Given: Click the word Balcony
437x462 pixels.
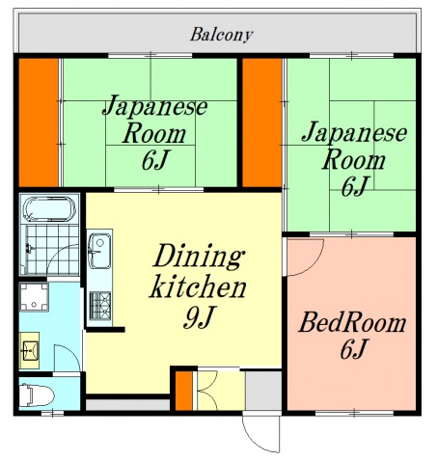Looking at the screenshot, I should (x=221, y=35).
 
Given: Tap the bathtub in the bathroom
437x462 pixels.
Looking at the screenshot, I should (x=47, y=210).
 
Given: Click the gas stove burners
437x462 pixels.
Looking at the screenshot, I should (x=99, y=306).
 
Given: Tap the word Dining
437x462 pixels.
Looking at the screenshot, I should (x=196, y=258).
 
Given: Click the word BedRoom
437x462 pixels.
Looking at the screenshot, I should (x=351, y=322).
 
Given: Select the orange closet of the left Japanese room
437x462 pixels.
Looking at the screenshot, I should (x=41, y=122).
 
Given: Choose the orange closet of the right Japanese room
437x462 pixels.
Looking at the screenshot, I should (x=261, y=122).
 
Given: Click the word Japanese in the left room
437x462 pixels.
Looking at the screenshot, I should (x=155, y=105).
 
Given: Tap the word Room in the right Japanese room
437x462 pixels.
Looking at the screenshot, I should (x=354, y=158).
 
